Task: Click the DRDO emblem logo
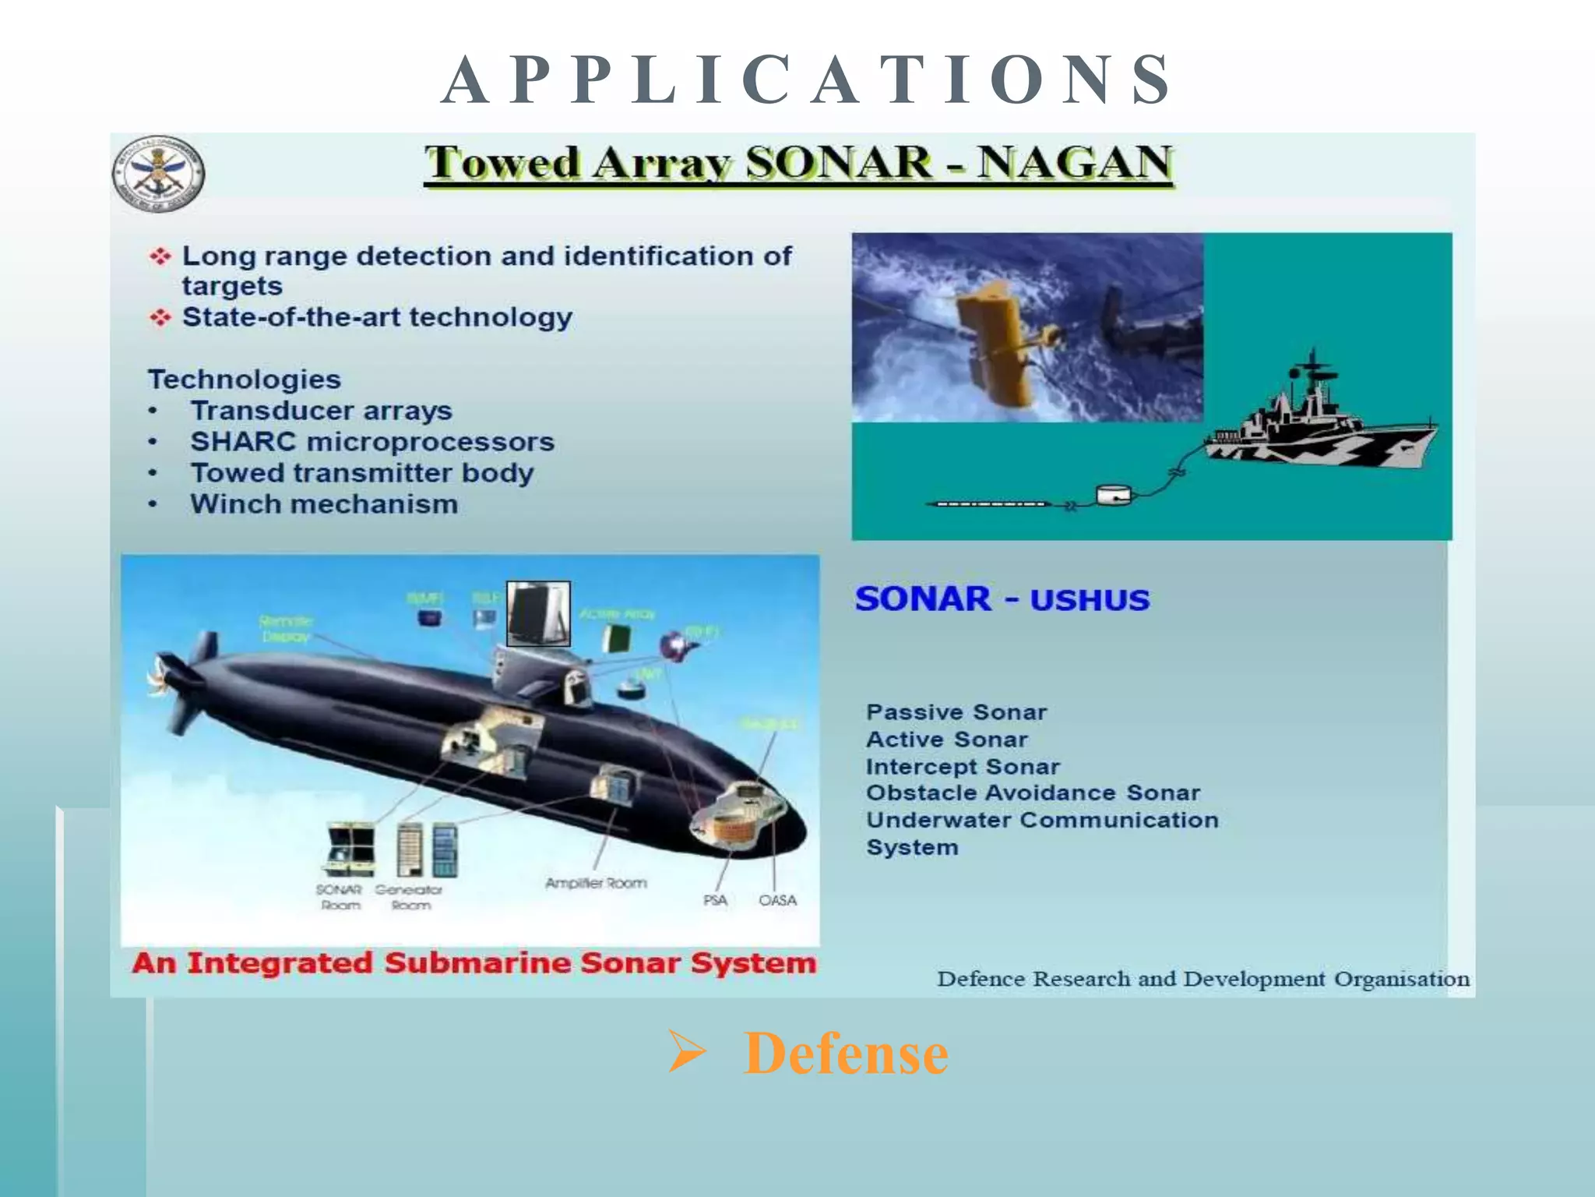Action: [158, 173]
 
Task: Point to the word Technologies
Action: [245, 380]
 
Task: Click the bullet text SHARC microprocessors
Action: [371, 442]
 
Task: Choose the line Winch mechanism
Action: [323, 504]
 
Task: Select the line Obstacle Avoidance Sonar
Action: [1033, 793]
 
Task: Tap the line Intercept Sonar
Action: [963, 767]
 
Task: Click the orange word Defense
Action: [846, 1053]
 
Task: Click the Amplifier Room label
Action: [596, 883]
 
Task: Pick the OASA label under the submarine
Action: [777, 900]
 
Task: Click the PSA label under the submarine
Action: [715, 900]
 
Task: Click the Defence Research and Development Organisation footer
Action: [1202, 979]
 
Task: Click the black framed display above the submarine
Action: [538, 613]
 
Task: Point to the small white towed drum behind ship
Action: [1113, 494]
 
